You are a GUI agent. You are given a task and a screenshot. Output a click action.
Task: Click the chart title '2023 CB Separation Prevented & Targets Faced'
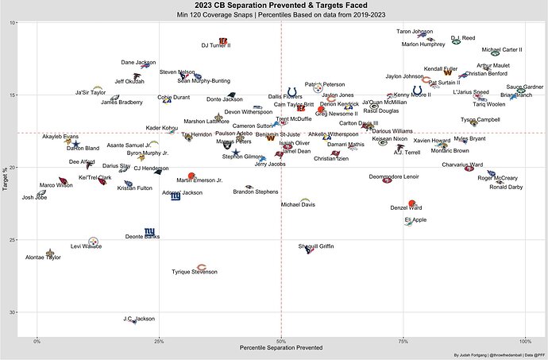pyautogui.click(x=274, y=6)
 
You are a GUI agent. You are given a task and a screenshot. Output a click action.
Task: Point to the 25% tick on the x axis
pyautogui.click(x=159, y=341)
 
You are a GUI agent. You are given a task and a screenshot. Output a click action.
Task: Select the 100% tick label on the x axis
pyautogui.click(x=523, y=341)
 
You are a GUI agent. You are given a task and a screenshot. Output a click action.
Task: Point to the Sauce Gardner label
pyautogui.click(x=524, y=87)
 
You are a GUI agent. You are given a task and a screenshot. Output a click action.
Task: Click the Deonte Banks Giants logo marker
pyautogui.click(x=149, y=231)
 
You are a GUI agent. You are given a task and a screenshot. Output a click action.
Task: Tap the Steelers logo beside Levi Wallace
pyautogui.click(x=94, y=239)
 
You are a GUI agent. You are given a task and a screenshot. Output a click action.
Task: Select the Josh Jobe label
pyautogui.click(x=34, y=197)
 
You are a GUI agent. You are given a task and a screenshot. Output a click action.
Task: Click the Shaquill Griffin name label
pyautogui.click(x=315, y=246)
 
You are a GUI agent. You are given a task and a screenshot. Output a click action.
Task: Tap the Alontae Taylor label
pyautogui.click(x=43, y=257)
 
